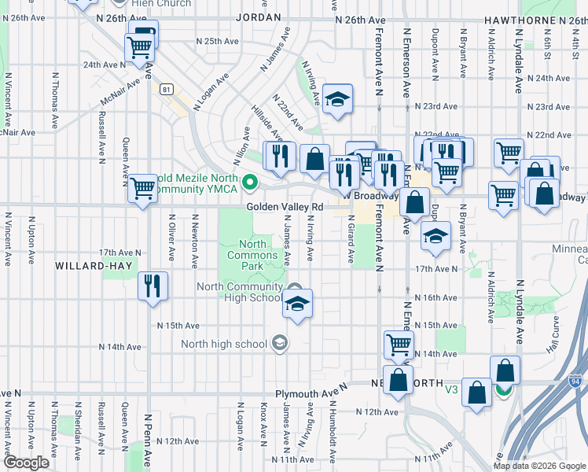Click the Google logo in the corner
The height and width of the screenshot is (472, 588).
[x=26, y=463]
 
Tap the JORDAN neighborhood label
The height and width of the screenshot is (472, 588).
[x=258, y=17]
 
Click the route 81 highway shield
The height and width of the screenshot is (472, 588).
[x=166, y=90]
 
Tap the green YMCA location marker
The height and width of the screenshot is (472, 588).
[x=251, y=183]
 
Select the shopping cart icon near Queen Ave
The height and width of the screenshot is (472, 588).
[x=142, y=189]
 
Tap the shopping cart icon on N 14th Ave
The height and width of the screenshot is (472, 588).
[x=399, y=344]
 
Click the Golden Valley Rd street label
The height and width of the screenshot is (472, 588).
[x=285, y=207]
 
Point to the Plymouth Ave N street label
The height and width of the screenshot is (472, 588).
[x=311, y=393]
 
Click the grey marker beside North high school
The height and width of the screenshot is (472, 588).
[x=279, y=343]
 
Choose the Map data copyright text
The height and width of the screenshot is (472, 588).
[x=539, y=466]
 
